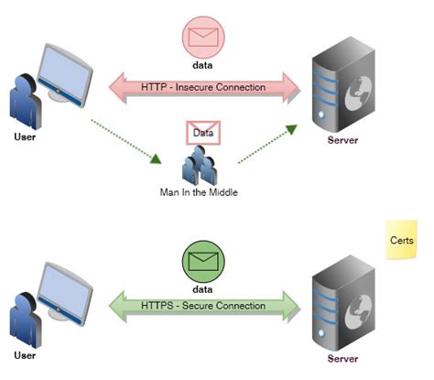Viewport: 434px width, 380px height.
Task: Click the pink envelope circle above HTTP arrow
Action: coord(203,38)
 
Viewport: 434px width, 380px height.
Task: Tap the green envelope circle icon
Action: coord(203,262)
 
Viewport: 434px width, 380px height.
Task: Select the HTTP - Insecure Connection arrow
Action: coord(205,88)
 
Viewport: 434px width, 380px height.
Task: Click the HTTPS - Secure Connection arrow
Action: coord(205,306)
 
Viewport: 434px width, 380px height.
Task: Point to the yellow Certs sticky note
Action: coord(401,240)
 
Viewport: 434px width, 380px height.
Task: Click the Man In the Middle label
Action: coord(199,192)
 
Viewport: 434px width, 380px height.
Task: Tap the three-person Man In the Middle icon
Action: coord(200,165)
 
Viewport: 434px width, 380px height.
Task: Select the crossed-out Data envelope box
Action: coord(203,133)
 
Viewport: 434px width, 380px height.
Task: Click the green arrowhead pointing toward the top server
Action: coord(291,129)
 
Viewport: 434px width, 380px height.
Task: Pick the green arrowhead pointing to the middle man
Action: coord(156,159)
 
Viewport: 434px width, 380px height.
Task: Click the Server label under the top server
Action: coord(342,140)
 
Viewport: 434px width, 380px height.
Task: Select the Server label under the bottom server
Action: coord(342,359)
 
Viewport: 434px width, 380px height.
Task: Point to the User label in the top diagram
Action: coord(25,136)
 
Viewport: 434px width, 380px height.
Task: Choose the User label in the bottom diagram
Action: coord(25,355)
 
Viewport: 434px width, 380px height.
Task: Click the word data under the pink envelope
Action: coord(202,65)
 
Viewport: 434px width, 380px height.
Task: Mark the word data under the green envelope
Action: coord(202,289)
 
